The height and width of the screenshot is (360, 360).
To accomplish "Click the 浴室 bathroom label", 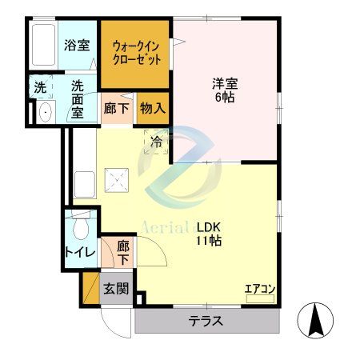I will (x=77, y=46).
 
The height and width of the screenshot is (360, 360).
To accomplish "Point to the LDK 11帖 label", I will (x=210, y=233).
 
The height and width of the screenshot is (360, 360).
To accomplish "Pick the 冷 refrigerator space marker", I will (x=157, y=142).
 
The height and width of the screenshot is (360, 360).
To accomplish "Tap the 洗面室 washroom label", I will (x=78, y=97).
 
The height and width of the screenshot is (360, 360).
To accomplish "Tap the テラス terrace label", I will (x=206, y=322).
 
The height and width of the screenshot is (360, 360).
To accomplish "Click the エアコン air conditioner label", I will (x=259, y=289).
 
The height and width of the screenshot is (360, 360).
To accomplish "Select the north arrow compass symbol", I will (x=316, y=321).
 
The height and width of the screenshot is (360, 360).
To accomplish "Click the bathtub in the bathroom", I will (x=44, y=46).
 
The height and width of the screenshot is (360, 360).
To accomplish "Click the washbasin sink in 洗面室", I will (x=44, y=110).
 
